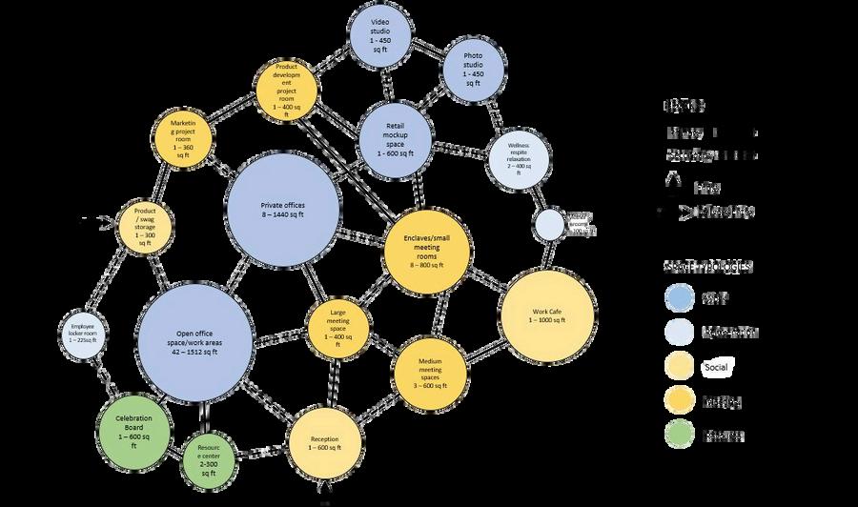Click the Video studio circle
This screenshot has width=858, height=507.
pos(380,36)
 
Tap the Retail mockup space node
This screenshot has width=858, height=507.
pos(397,139)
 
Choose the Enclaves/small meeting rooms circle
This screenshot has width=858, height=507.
pos(428,250)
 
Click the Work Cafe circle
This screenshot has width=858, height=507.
pos(546,315)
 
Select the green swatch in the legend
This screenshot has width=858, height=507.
pos(679,435)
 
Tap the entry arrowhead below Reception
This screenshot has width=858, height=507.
pos(323,491)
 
